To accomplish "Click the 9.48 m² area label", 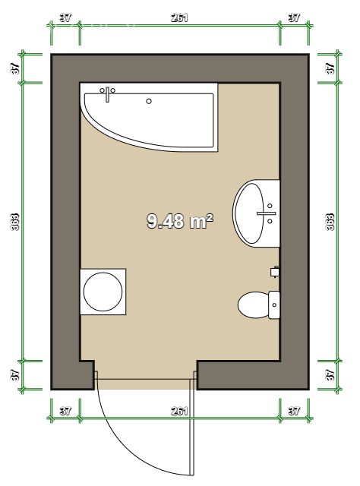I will pos(179,221).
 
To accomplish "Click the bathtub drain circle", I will pos(149,100).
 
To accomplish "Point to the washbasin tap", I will pos(267,213).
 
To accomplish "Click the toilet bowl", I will pos(251,306).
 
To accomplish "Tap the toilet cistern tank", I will pos(274,305).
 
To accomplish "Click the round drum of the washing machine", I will pos(103,291).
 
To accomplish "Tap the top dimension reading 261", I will pos(179,17).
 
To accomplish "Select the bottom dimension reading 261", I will pos(179,411).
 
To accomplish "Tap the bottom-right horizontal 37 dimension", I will pos(294,411).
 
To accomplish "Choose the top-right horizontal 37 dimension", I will pos(294,17).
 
